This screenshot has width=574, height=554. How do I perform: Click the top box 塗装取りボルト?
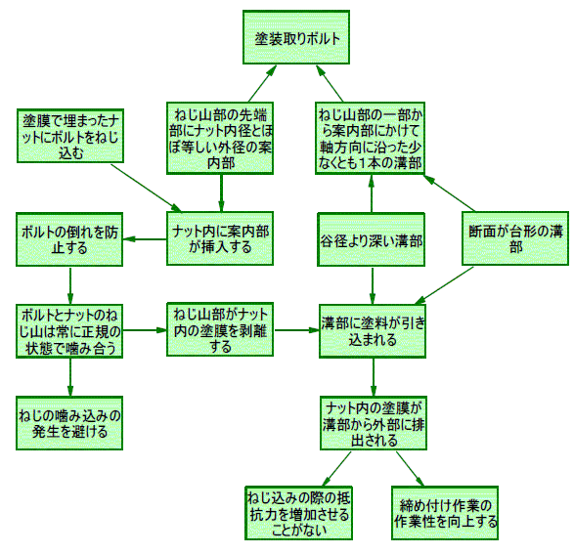tap(296, 37)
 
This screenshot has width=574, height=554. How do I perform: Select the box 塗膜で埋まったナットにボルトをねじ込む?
tap(70, 136)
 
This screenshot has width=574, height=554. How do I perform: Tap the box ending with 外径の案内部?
tap(220, 138)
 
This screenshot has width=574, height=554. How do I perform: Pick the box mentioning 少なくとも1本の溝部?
tap(370, 138)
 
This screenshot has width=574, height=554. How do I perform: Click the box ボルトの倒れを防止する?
tap(69, 239)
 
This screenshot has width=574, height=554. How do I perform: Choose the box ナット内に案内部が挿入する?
tap(220, 238)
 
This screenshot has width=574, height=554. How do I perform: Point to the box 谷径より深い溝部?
tap(372, 239)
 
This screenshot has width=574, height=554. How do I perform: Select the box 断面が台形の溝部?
tap(515, 238)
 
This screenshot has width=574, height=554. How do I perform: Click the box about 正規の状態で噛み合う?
tap(69, 330)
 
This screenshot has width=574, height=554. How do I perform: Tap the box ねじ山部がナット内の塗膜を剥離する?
tap(220, 329)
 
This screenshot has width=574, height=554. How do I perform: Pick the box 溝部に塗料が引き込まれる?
tap(373, 331)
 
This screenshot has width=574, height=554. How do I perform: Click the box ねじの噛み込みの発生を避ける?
tap(69, 423)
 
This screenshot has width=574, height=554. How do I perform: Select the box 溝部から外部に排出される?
tap(374, 423)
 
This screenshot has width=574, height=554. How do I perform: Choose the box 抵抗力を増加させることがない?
tap(298, 513)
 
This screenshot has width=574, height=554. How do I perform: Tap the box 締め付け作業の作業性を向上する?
tap(445, 513)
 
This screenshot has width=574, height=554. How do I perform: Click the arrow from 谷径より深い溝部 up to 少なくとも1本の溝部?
tap(372, 193)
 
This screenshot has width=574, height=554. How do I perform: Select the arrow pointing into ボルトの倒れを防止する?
tap(145, 239)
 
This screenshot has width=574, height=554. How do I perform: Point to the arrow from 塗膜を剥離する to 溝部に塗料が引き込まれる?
tap(296, 330)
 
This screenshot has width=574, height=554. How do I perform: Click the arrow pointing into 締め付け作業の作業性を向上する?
tap(410, 469)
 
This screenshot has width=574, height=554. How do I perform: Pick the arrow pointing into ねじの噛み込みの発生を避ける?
tap(70, 377)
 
